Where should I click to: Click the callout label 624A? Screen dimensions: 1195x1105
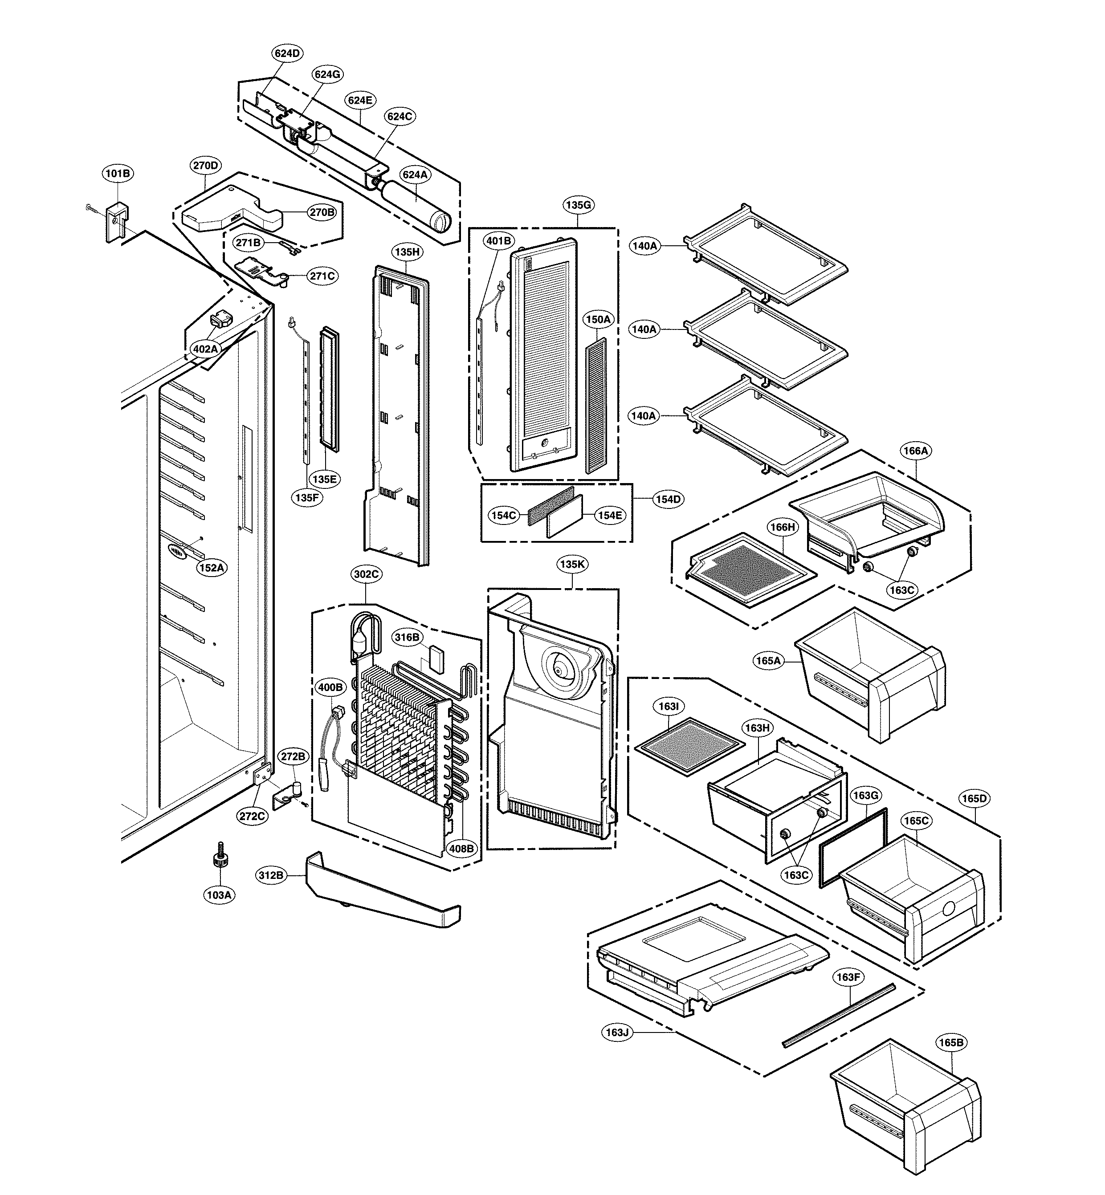tap(415, 175)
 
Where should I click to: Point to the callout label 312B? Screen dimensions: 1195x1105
tap(271, 876)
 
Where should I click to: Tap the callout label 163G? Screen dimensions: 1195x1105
tap(865, 796)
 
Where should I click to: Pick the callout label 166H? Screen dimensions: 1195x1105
tap(782, 527)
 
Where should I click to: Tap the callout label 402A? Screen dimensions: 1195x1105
tap(204, 349)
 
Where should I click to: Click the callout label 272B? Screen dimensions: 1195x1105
tap(293, 757)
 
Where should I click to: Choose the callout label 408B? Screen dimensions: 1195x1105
tap(461, 848)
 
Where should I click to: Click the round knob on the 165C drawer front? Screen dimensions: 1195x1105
tap(947, 909)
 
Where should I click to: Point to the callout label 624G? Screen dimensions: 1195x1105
tap(327, 74)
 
